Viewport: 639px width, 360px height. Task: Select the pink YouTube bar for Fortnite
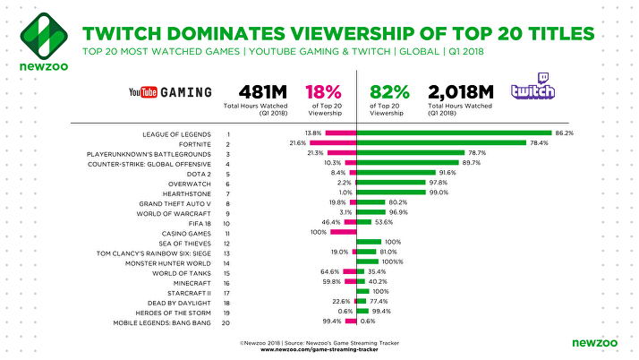[x=341, y=143]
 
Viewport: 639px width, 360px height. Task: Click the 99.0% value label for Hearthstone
[x=438, y=192]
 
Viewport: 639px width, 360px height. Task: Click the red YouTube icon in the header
[x=143, y=91]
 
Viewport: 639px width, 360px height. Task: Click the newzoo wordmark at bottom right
[x=591, y=342]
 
